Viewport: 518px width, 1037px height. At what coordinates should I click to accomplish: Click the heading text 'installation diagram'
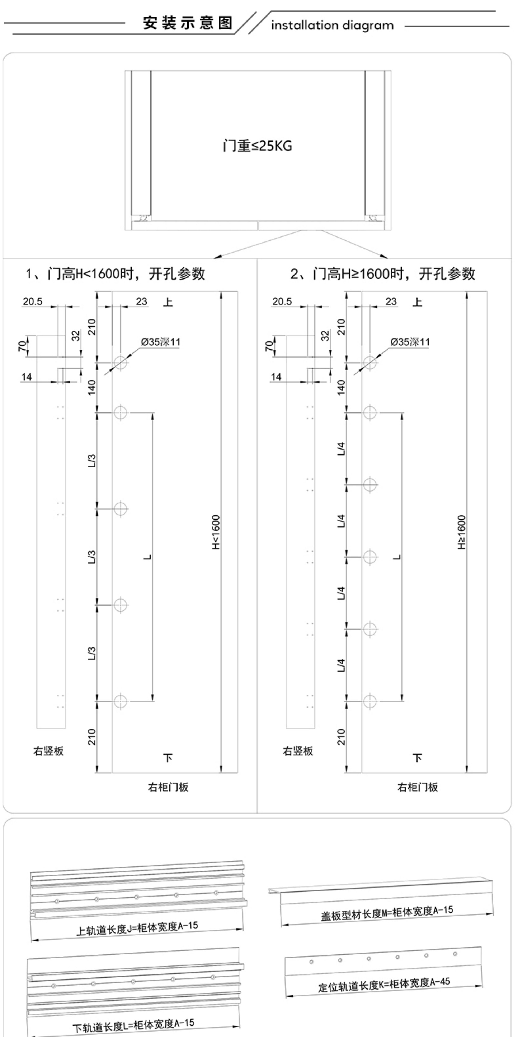coord(332,25)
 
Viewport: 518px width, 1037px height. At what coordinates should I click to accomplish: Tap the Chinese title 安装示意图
coord(188,23)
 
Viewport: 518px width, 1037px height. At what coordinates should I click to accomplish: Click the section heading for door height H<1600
coord(116,274)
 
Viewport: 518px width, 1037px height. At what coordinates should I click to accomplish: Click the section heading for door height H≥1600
coord(382,274)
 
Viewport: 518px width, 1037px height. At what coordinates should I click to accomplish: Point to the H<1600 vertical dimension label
coord(216,532)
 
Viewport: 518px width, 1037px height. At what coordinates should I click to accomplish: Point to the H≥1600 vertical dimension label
coord(462,532)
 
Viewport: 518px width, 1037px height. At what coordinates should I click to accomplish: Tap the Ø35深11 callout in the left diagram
coord(160,342)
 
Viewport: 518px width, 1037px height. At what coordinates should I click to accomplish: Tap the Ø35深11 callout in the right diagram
coord(410,342)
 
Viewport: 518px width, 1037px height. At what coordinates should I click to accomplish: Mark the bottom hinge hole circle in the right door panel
coord(370,701)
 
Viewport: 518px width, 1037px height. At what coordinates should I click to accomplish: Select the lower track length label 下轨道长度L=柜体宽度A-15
coord(133,1025)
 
